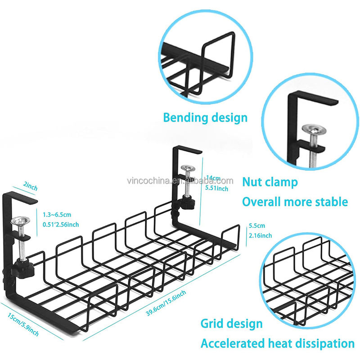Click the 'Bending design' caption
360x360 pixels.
[205, 118]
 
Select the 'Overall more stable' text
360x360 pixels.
[295, 201]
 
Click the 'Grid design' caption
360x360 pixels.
[232, 323]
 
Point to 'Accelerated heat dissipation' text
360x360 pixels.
[277, 343]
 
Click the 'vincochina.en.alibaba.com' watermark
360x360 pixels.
[179, 181]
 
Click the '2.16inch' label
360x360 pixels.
[260, 235]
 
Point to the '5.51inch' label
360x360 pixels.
[216, 188]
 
